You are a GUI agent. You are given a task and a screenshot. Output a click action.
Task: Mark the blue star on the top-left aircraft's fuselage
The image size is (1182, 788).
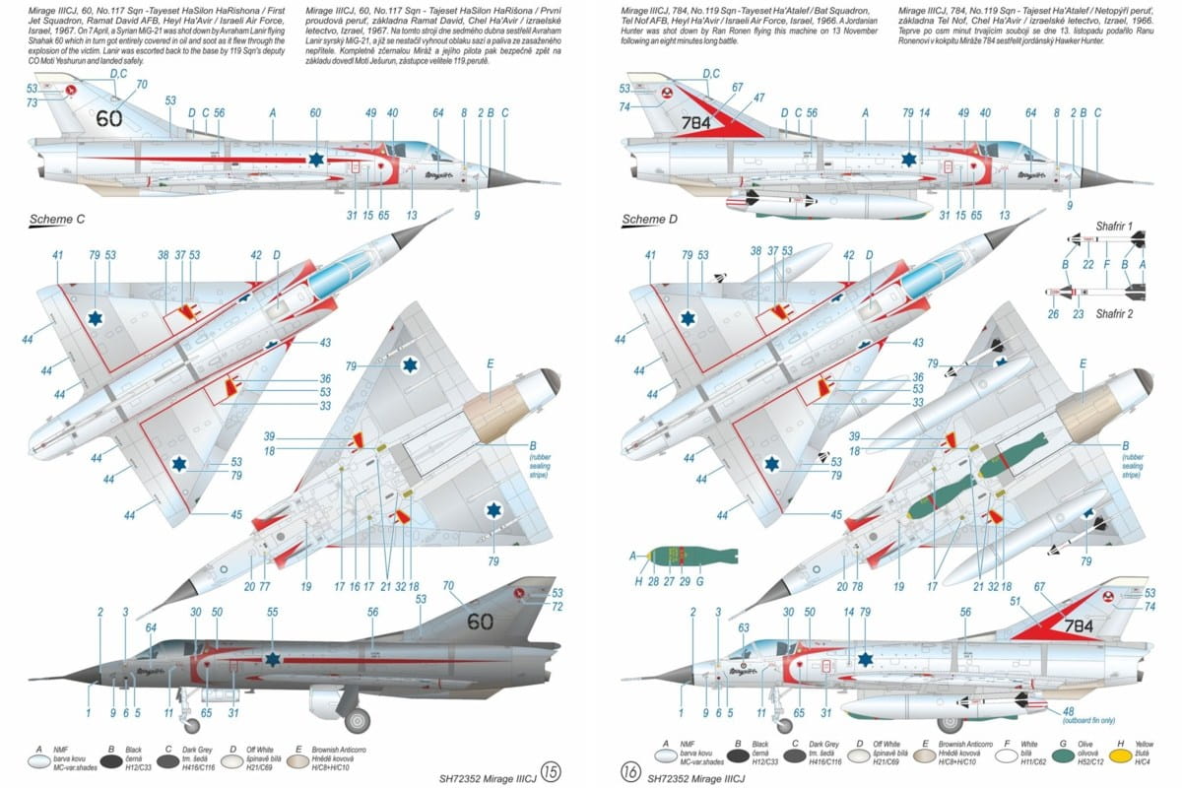point(316,158)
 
